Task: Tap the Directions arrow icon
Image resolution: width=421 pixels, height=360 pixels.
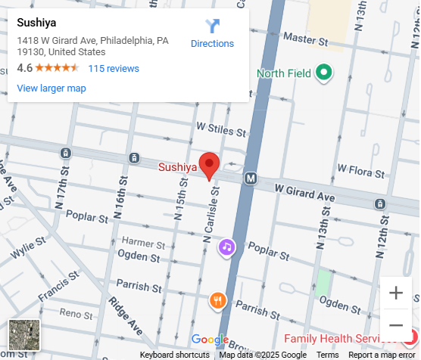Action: tap(212, 26)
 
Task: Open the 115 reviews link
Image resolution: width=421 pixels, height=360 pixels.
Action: tap(114, 68)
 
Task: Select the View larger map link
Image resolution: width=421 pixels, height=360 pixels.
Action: tap(51, 88)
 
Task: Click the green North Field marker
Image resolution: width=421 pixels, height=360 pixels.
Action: tap(324, 73)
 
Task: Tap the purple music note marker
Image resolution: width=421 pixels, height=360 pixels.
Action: tap(226, 247)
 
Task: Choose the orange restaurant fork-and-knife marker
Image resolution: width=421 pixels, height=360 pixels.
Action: tap(217, 301)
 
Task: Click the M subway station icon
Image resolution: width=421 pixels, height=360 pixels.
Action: tap(251, 178)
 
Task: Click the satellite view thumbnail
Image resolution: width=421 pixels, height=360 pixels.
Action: tap(23, 335)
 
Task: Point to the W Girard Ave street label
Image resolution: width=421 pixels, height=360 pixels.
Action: tap(304, 192)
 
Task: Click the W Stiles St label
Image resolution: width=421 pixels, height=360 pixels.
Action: tap(221, 129)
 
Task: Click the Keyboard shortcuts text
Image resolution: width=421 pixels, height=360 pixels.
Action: tap(174, 355)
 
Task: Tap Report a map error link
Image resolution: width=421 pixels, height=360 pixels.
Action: tap(382, 355)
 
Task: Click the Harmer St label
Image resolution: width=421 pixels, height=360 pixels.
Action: tap(143, 244)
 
